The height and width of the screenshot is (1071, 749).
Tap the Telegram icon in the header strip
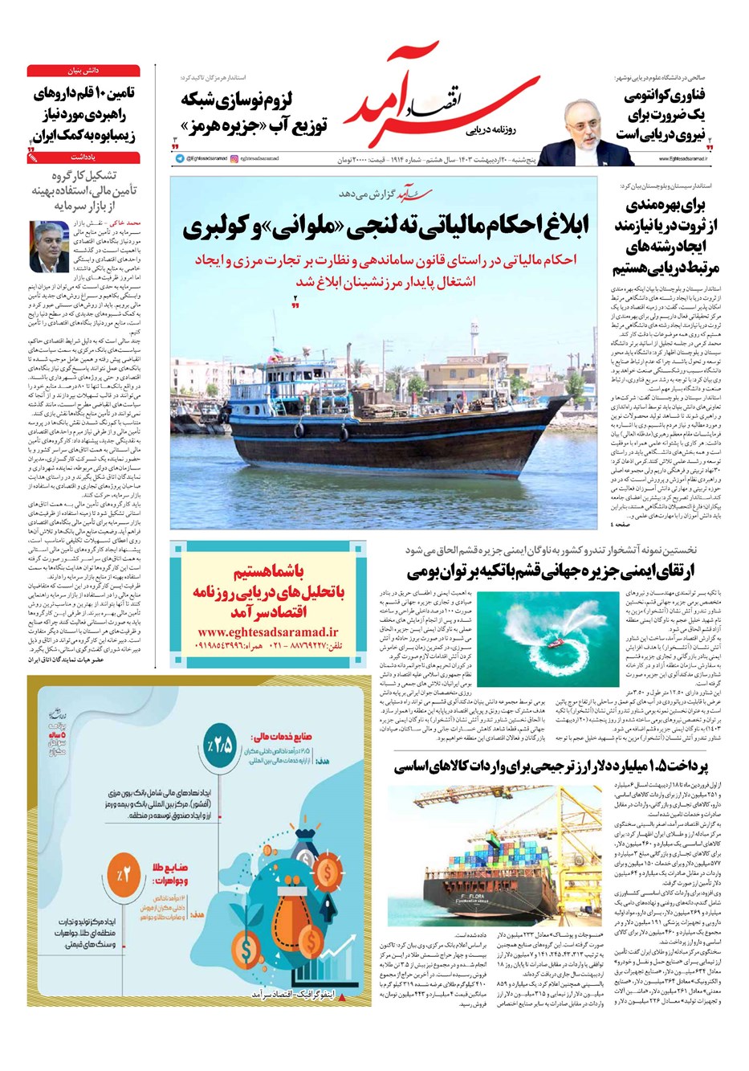coord(180,159)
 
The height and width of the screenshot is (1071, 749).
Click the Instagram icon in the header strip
coord(234,159)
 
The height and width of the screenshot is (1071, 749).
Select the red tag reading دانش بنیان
coord(83,71)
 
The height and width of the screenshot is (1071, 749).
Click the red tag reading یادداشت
coord(83,158)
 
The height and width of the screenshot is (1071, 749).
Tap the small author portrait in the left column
coord(50,246)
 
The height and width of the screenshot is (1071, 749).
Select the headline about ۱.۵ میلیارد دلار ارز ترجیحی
coord(563,766)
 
